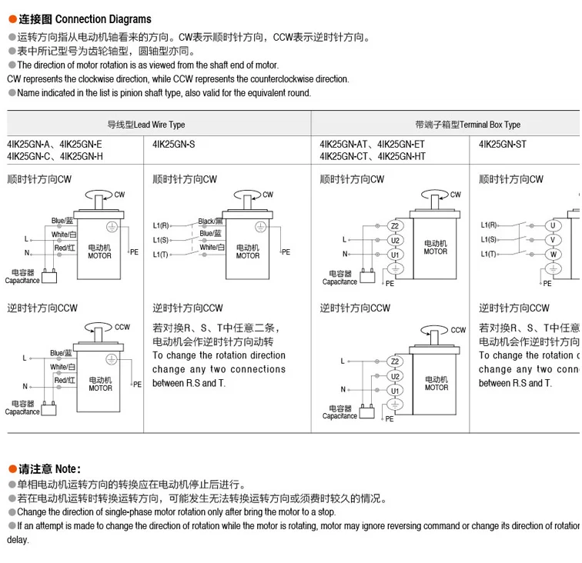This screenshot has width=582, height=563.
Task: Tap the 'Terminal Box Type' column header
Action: [490, 125]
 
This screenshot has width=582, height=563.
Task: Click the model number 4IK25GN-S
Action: [174, 144]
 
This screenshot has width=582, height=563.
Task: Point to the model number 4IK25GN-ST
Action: [503, 144]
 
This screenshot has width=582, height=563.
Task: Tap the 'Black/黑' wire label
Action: [210, 221]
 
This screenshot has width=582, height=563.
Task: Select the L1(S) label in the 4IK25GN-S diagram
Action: [161, 240]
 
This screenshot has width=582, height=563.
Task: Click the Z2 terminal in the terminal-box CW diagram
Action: [395, 226]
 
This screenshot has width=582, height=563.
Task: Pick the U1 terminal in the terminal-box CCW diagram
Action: [395, 391]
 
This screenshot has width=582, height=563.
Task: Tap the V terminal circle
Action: [552, 240]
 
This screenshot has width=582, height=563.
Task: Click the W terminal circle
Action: [552, 255]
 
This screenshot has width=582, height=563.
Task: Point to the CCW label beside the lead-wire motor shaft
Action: [122, 327]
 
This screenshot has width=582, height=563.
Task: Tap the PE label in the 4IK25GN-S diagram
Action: [286, 252]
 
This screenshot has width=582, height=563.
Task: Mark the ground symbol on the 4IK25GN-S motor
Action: [263, 227]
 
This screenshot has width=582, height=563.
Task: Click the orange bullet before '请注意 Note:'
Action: [12, 468]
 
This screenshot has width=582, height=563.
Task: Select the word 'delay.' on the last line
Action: [18, 540]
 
